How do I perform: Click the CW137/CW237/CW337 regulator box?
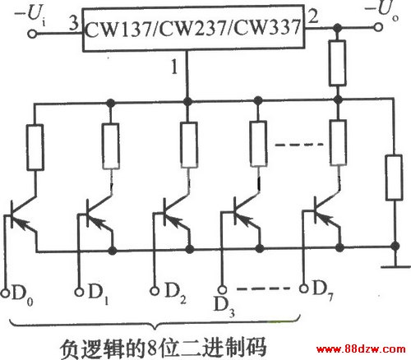194,28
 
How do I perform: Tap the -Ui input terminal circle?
32,35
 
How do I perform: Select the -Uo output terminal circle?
378,27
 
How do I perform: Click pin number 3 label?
74,22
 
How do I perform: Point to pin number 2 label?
313,16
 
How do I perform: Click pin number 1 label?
174,67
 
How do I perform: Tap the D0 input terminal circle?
5,293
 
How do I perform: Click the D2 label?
176,293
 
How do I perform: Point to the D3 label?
224,307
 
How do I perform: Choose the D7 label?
323,290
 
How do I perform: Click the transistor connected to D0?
23,216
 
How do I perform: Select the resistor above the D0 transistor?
35,147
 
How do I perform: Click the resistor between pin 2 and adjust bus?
337,62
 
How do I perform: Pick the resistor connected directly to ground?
395,178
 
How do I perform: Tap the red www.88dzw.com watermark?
361,349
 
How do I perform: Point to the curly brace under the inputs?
155,323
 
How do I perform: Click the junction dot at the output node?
338,28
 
